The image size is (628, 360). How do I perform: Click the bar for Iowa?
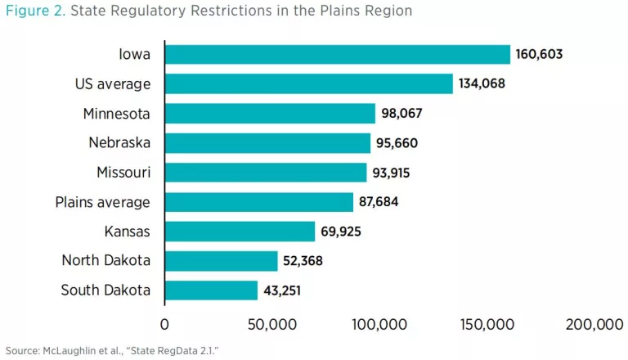coord(337,55)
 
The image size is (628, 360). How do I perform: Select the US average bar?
coord(308,84)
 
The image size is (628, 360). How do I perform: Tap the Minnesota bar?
coord(270,114)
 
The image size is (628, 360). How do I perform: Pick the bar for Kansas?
coord(240,232)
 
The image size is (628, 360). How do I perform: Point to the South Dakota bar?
coord(211,290)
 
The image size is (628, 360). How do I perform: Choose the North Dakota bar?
coord(221,261)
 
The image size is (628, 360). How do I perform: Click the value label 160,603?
coord(539,55)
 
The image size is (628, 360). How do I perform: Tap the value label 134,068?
coord(482,84)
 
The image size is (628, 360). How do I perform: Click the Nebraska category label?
coord(119,143)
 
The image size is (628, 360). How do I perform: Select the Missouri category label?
coord(123,173)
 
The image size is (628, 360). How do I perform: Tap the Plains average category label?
coord(102,202)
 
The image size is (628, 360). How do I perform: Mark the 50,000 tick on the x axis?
coord(271,325)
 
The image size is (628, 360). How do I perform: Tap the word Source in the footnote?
coord(19,349)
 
